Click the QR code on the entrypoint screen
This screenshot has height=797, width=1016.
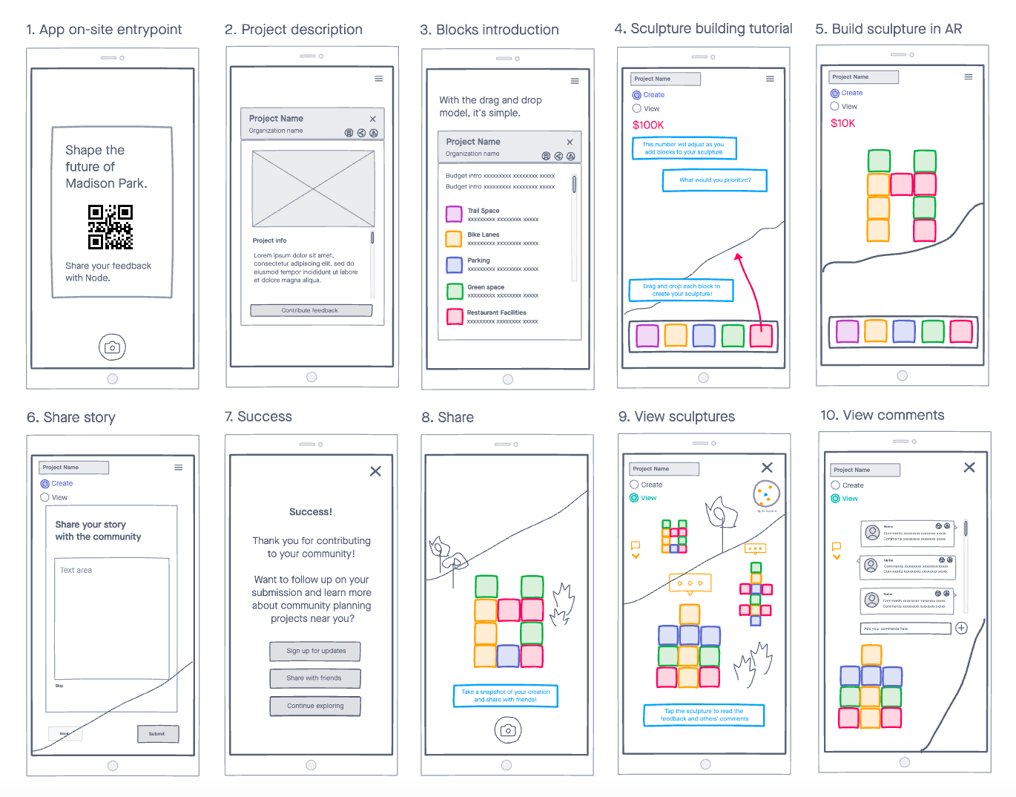tap(110, 227)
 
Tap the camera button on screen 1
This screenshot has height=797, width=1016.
tap(112, 347)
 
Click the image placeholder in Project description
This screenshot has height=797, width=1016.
tap(313, 188)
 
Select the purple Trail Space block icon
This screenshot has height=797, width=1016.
tap(454, 214)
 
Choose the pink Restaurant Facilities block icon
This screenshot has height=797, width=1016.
tap(455, 316)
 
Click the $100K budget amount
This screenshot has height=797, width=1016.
tap(648, 125)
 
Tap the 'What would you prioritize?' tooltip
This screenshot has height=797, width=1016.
tap(715, 180)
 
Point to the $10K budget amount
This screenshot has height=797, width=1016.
tap(843, 123)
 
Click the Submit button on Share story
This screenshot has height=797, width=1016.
tap(157, 734)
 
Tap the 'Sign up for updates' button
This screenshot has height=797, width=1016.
tap(315, 651)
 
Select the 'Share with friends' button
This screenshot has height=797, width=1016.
tap(315, 678)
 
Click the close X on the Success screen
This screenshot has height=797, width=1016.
tap(375, 471)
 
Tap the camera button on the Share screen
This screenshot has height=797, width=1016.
tap(508, 730)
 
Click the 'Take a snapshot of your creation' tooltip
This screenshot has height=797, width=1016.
tap(505, 696)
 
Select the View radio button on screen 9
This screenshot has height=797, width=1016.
tap(634, 498)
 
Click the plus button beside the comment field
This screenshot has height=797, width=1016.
tap(961, 628)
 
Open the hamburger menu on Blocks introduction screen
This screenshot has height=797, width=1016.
tap(575, 81)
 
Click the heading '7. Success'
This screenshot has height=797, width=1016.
tap(258, 417)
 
